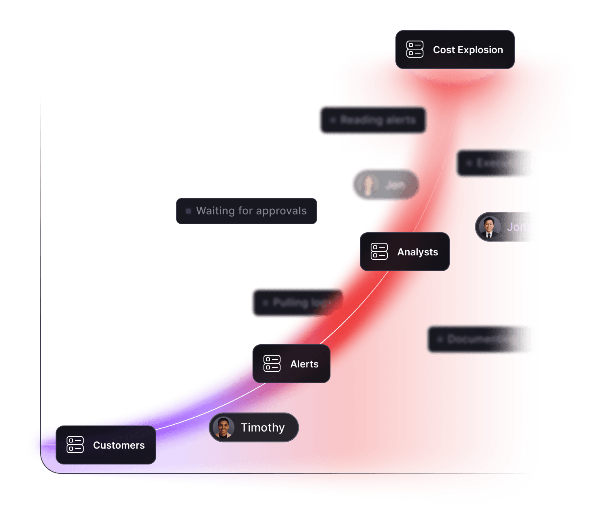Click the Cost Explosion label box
(x=455, y=50)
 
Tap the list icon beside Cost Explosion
(x=415, y=50)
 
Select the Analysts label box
(x=404, y=252)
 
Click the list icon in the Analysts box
(x=379, y=252)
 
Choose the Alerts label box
(x=291, y=364)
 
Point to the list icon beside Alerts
(x=272, y=364)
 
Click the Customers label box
(x=106, y=445)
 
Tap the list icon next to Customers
(x=75, y=445)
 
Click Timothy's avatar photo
(x=223, y=428)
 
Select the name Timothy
(x=263, y=428)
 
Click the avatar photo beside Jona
(x=489, y=227)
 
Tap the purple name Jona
(x=519, y=227)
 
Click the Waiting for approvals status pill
(x=246, y=211)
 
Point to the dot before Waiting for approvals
(x=188, y=211)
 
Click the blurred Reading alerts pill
(x=372, y=120)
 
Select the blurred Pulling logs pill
(x=296, y=303)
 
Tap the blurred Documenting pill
(x=479, y=339)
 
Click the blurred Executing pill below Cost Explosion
(x=493, y=163)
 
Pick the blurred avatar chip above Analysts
(x=384, y=185)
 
